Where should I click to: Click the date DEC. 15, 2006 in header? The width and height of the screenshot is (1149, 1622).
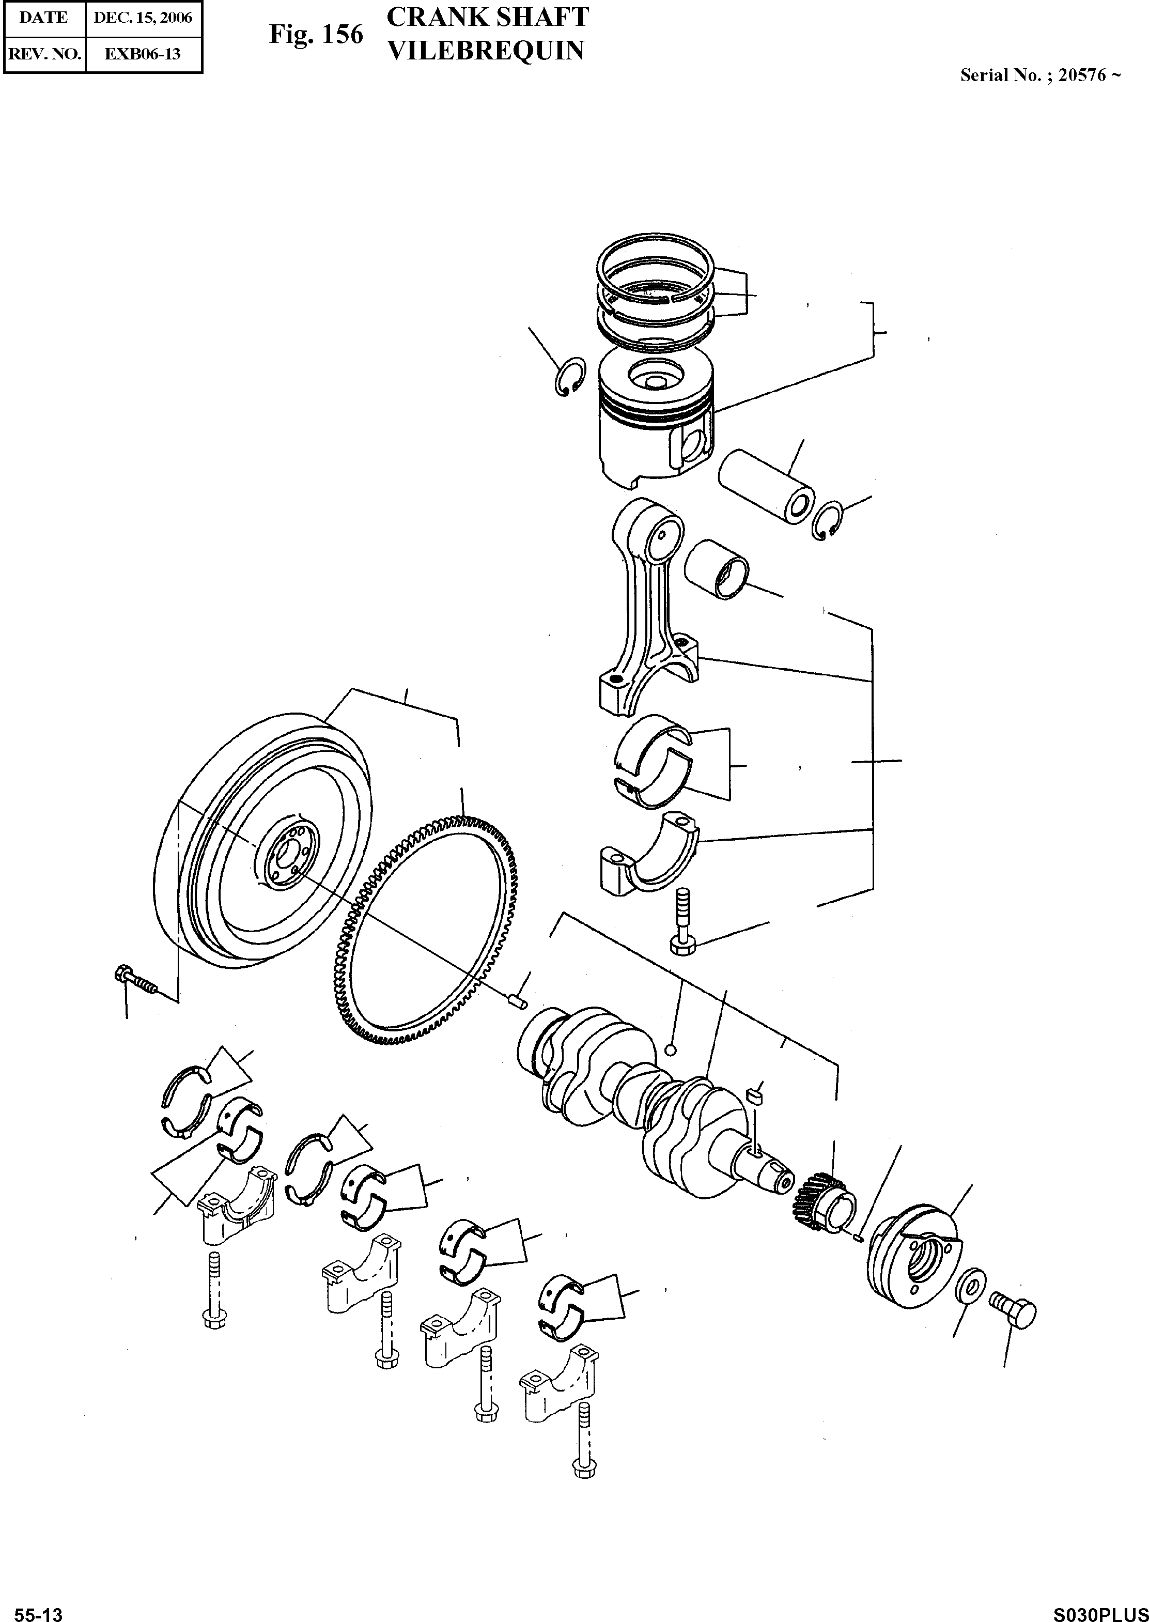(144, 18)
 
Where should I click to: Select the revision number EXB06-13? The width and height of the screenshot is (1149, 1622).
(144, 54)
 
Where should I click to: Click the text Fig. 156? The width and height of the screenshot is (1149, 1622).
(316, 34)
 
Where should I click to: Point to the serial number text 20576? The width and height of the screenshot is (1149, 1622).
(1081, 75)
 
